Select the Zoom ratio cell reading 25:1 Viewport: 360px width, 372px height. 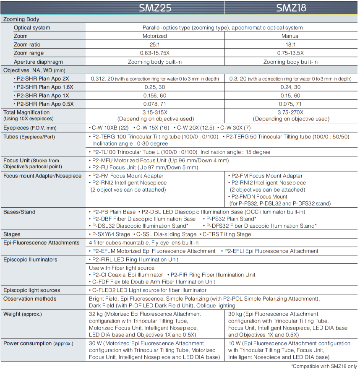(155, 44)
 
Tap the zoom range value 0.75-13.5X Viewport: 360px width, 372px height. (290, 53)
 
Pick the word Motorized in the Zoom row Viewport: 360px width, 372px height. (155, 36)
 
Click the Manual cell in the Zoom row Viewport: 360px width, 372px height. (290, 36)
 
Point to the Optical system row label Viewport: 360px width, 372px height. (32, 28)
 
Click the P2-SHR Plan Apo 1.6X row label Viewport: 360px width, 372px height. (44, 87)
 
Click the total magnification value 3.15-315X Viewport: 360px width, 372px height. (155, 112)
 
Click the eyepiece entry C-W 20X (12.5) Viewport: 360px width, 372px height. (195, 127)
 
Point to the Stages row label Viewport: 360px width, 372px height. (12, 234)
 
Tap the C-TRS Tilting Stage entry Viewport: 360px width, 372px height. (226, 234)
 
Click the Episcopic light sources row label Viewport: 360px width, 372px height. (32, 290)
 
